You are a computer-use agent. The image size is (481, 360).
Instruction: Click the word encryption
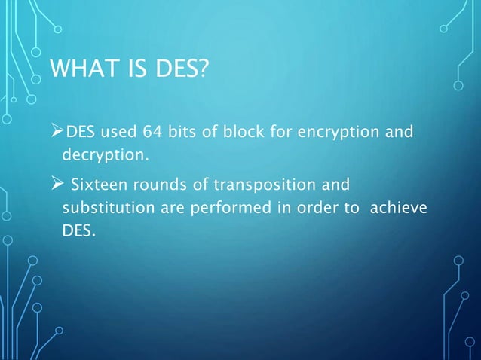(x=335, y=133)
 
